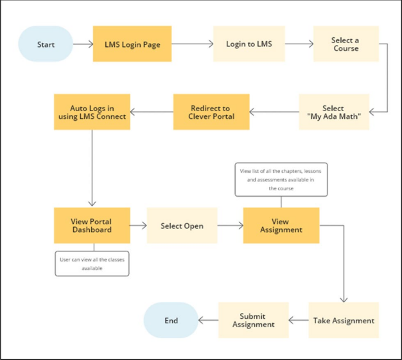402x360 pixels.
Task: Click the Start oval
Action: coord(46,44)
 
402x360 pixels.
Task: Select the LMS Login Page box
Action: coord(132,44)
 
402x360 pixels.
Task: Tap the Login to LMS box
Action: coord(249,44)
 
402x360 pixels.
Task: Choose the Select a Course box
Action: coord(345,44)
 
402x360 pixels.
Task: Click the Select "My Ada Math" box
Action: coord(333,112)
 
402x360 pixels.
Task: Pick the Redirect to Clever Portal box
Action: coord(211,112)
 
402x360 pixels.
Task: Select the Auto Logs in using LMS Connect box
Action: coord(92,112)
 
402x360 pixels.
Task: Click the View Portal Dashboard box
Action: coord(91,225)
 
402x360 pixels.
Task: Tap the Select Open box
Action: coord(182,226)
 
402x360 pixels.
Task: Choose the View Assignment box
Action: coord(281,225)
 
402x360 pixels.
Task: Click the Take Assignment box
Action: coord(343,320)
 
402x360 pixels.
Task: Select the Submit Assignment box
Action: coord(252,320)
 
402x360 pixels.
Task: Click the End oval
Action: coord(171,320)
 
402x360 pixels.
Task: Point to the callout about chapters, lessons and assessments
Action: coord(281,179)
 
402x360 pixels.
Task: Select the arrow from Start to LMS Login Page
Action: coord(83,44)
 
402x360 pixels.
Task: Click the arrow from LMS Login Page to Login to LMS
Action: coord(192,44)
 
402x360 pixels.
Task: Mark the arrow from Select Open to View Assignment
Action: coord(230,226)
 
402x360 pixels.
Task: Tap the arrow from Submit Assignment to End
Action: coord(208,320)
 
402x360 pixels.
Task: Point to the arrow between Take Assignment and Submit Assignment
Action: coord(297,320)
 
